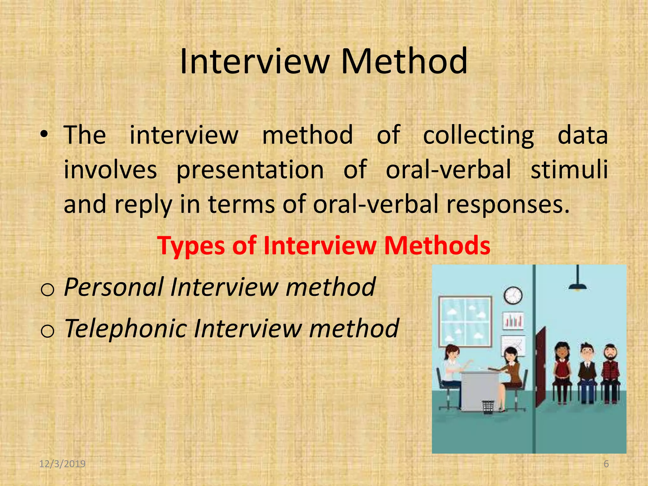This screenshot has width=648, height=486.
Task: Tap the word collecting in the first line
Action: point(478,135)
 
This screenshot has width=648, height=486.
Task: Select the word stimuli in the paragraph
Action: point(569,169)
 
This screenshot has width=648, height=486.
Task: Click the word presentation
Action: point(250,170)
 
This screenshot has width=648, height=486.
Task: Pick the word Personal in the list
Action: point(114,287)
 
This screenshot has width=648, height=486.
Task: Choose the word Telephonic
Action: point(126,328)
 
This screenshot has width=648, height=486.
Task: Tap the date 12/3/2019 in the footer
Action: point(62,464)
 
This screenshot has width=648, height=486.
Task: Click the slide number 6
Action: point(606,464)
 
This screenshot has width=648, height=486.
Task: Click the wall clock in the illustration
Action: point(513,295)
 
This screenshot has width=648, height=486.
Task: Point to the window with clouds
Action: point(465,321)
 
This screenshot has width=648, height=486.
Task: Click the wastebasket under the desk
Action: point(488,407)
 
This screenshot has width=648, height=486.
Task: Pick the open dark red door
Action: point(541,367)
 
